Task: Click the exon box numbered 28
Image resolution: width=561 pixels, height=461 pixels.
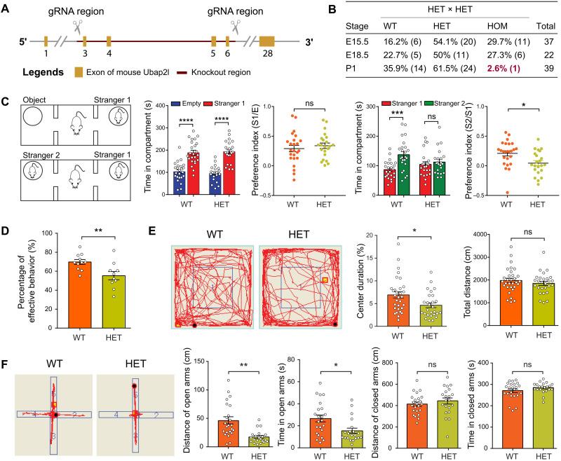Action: click(x=266, y=41)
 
